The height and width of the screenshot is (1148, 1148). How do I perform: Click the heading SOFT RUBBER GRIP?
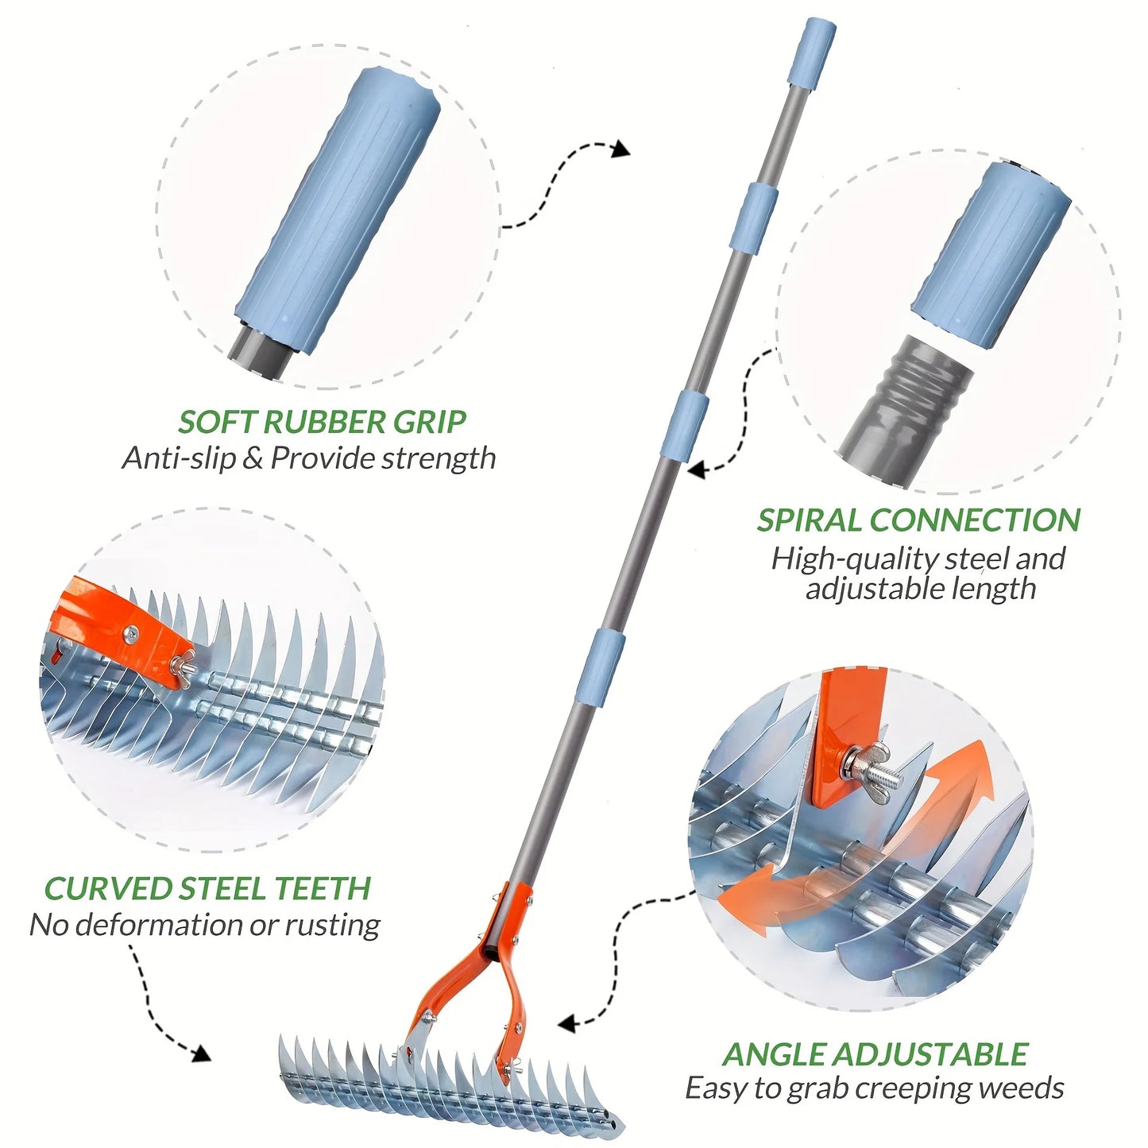(x=321, y=422)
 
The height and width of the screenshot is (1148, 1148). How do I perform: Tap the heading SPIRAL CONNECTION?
(x=918, y=520)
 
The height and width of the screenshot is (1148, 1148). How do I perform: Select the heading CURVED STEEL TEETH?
(x=207, y=888)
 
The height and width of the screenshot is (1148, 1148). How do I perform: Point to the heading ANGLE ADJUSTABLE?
(x=875, y=1054)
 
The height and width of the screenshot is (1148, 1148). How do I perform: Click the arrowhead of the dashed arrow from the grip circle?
(x=620, y=149)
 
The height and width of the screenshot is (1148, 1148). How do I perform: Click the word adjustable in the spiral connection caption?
(x=862, y=589)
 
